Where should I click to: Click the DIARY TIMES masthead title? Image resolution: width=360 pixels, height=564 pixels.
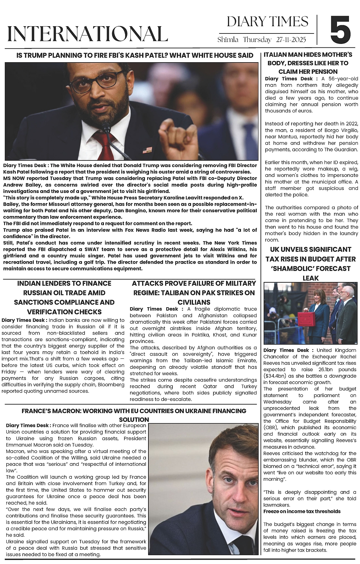(x=267, y=22)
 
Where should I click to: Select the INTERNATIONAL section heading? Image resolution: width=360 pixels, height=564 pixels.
(x=87, y=33)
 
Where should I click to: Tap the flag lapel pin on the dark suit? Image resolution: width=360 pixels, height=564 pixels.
(x=147, y=149)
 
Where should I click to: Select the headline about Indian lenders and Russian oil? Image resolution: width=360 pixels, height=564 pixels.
(x=64, y=297)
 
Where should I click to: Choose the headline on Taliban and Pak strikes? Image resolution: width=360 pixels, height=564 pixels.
(x=194, y=292)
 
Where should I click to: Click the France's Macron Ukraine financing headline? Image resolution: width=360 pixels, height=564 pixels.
(x=134, y=415)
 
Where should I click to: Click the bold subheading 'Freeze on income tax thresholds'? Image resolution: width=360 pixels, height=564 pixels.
(x=302, y=511)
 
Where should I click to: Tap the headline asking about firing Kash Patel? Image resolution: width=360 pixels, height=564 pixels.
(x=135, y=56)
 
